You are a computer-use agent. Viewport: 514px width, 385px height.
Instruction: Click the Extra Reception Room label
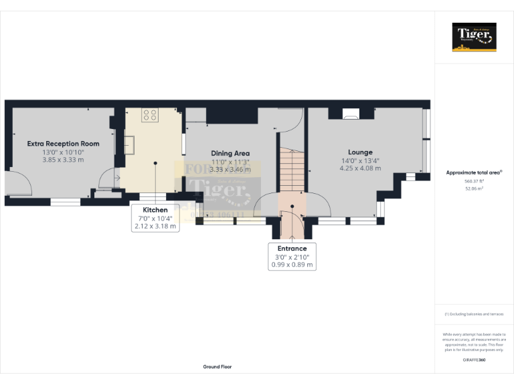point(63,143)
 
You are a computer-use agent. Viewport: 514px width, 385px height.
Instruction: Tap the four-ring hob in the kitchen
point(150,115)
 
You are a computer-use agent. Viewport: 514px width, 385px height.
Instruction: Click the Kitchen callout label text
point(155,210)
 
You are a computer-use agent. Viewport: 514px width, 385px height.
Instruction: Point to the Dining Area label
point(230,153)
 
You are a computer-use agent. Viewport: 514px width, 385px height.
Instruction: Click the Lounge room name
point(360,152)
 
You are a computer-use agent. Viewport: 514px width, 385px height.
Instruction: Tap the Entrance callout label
point(292,249)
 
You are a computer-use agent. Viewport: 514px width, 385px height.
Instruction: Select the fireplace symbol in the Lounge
point(350,114)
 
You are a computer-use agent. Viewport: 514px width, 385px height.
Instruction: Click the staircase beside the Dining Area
point(292,170)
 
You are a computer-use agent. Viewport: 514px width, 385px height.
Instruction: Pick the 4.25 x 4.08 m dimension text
point(360,168)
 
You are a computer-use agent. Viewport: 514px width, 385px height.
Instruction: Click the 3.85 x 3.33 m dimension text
point(63,160)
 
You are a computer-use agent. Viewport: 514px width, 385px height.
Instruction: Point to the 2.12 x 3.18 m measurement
point(155,227)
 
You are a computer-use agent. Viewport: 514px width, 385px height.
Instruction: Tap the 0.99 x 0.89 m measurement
point(292,265)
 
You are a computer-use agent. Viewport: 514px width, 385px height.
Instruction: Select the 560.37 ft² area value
point(474,181)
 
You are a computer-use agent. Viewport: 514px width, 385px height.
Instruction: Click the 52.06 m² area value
point(474,188)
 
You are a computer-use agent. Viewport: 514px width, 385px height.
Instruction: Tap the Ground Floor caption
point(218,367)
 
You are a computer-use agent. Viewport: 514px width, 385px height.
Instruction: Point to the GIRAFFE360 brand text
point(474,360)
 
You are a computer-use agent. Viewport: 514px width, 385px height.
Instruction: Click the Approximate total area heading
point(474,172)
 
